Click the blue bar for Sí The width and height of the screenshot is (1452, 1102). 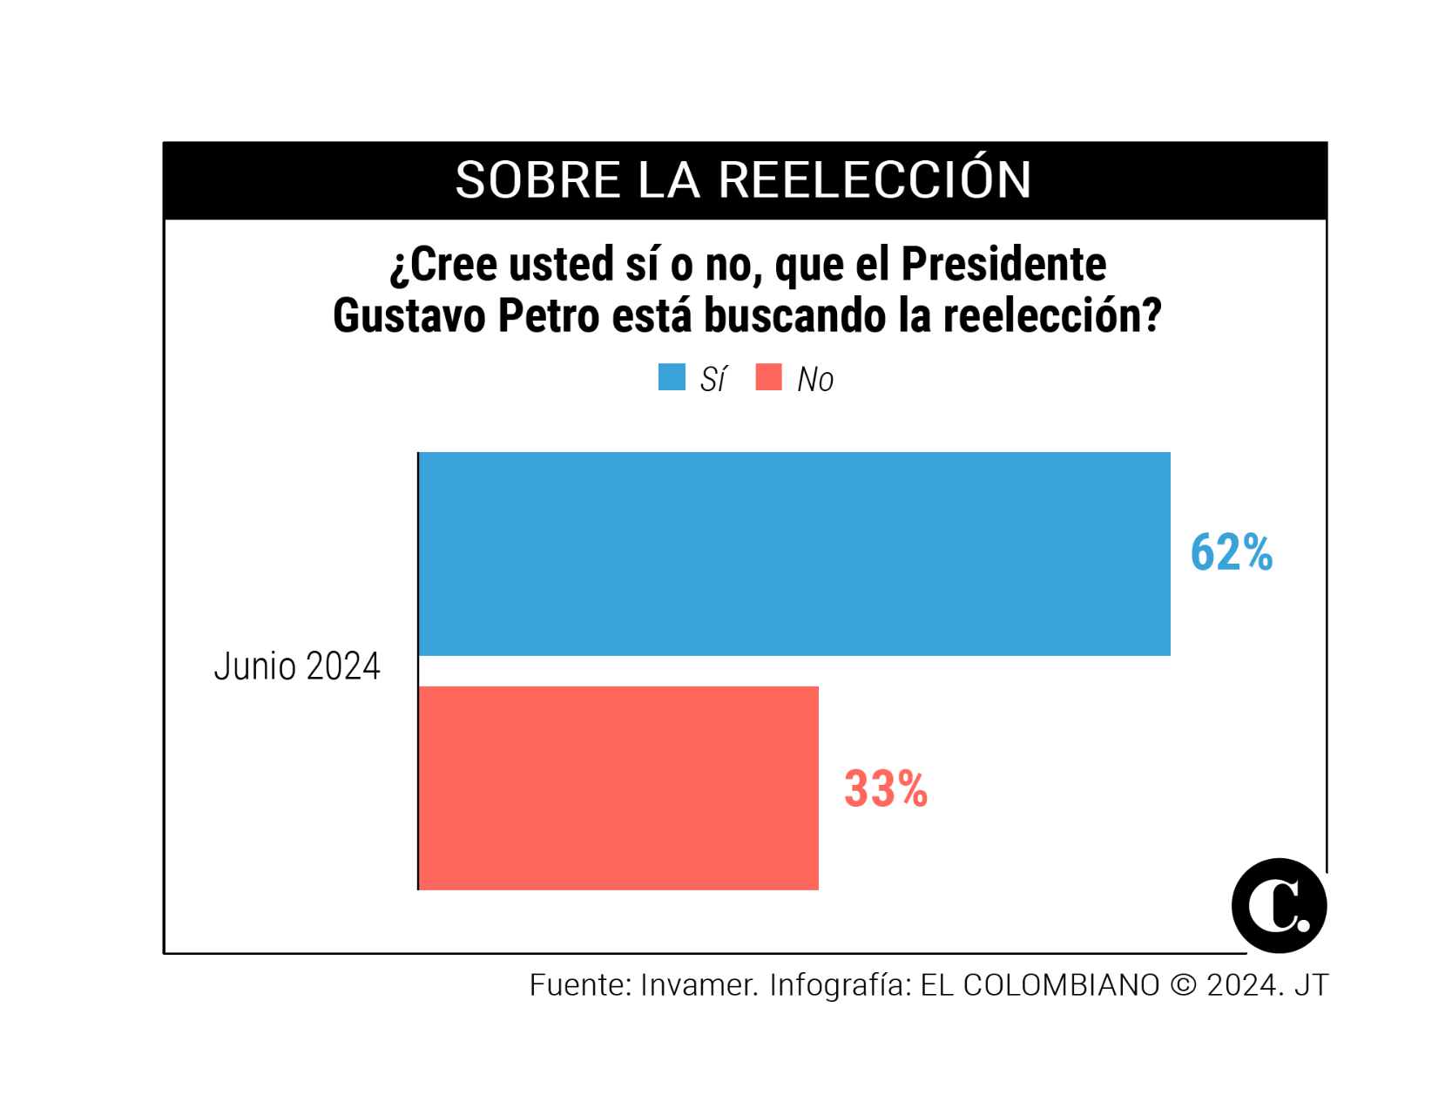[x=794, y=554]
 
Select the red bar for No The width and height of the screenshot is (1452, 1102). [x=618, y=788]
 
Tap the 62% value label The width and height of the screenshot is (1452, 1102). [x=1231, y=553]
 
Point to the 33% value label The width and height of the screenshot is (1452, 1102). [x=885, y=789]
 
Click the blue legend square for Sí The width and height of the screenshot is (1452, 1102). [x=672, y=377]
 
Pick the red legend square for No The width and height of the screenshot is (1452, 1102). [x=768, y=377]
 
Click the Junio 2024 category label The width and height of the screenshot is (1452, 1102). [x=297, y=666]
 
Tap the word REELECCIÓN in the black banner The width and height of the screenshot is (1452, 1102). [x=875, y=180]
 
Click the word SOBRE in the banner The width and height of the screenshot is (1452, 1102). [x=537, y=180]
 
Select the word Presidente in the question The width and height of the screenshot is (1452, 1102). [x=1003, y=264]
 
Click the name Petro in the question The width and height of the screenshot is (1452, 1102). [x=548, y=315]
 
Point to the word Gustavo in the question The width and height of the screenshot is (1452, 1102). [x=409, y=315]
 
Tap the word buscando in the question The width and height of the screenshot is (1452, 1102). [x=794, y=315]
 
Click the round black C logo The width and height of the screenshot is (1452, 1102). [x=1278, y=906]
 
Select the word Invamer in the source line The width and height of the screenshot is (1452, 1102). [x=699, y=985]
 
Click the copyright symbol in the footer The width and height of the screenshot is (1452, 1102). [x=1183, y=985]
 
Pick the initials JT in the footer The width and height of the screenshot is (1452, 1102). [x=1311, y=985]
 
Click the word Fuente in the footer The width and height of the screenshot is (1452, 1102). [x=579, y=985]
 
